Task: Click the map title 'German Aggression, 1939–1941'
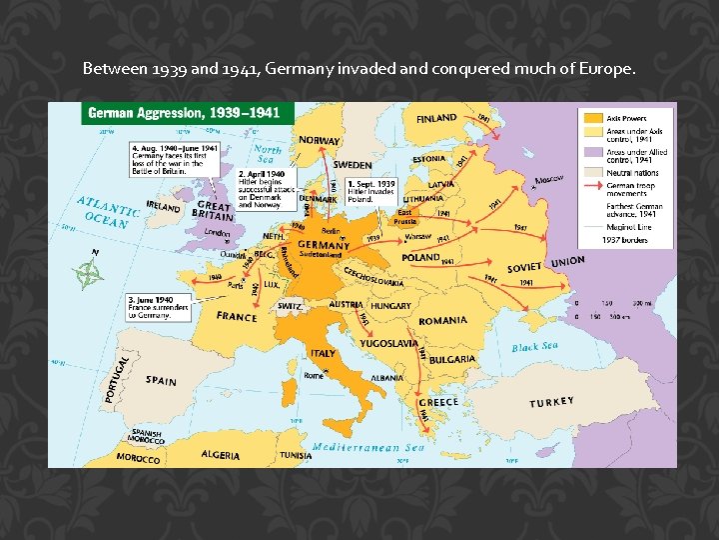click(188, 113)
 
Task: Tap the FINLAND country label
click(436, 119)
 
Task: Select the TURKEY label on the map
click(551, 403)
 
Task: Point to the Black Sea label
click(535, 347)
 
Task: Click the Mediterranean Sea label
click(367, 448)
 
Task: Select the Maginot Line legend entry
click(626, 227)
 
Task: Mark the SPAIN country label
click(161, 381)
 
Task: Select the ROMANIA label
click(443, 321)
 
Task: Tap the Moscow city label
click(549, 180)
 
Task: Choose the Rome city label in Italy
click(314, 376)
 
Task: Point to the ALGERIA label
click(220, 455)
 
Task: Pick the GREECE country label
click(438, 402)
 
